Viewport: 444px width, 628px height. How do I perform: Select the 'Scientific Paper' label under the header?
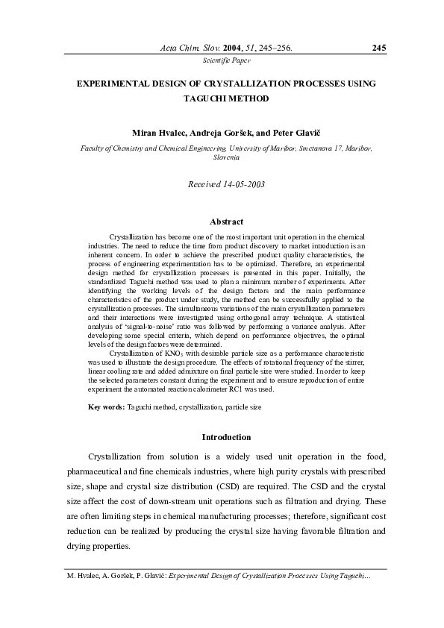[x=222, y=60]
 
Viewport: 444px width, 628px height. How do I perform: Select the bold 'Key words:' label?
[x=107, y=407]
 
